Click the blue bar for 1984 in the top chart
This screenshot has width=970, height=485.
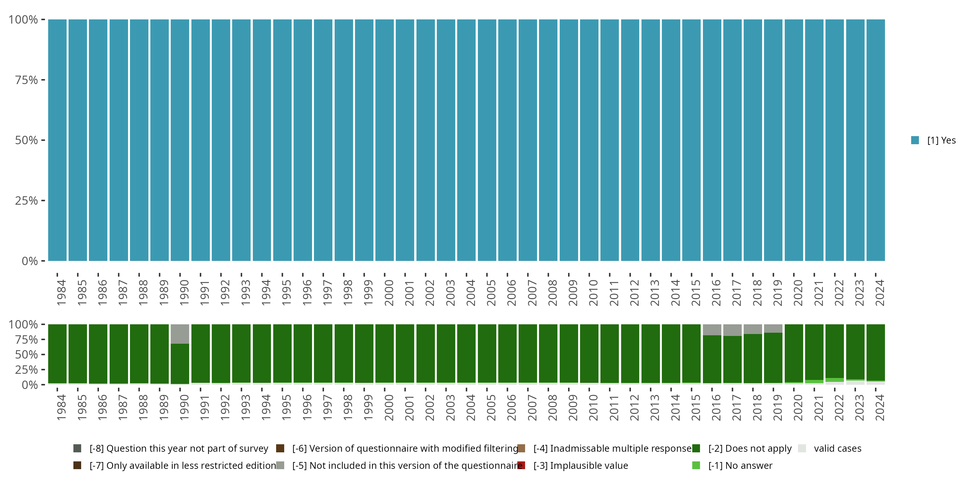[57, 140]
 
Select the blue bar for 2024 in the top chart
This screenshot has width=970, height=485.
[876, 140]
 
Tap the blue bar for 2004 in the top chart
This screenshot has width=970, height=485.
[466, 140]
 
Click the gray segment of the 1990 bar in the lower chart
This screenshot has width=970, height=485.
[180, 334]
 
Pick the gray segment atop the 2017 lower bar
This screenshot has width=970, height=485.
[732, 330]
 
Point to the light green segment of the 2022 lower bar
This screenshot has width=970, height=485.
[835, 380]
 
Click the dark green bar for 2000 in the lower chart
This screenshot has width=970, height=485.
[384, 353]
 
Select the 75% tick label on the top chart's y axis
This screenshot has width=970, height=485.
[27, 80]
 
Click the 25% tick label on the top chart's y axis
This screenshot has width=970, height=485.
[27, 201]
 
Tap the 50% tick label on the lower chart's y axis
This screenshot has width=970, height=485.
[27, 355]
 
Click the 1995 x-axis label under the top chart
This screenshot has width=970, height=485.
[286, 293]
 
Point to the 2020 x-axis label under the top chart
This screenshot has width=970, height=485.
[798, 293]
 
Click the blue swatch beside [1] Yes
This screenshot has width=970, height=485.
[915, 140]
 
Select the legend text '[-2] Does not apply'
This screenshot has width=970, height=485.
[750, 448]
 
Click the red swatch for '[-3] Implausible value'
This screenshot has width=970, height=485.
[521, 465]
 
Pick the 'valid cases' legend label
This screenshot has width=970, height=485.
[837, 448]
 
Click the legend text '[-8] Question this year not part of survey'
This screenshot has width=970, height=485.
[178, 448]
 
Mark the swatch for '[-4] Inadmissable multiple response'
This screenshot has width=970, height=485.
[521, 448]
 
